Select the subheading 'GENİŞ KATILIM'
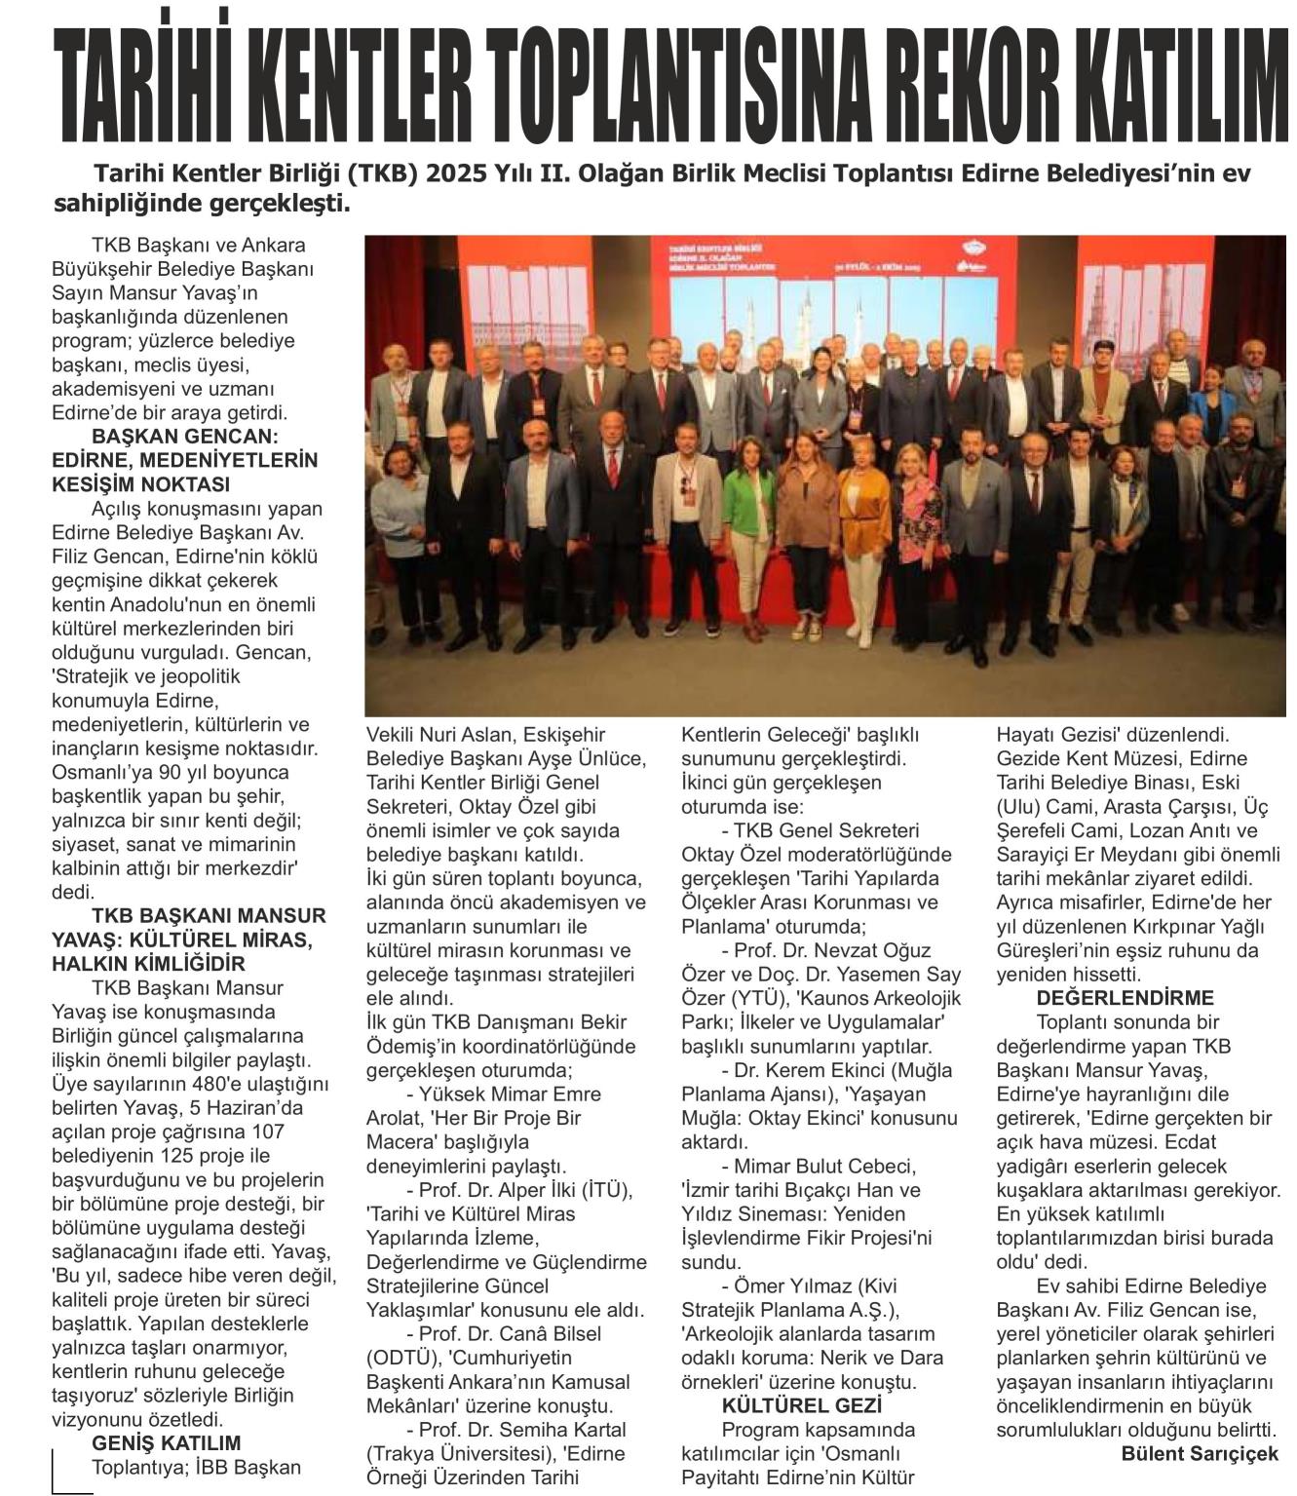[x=166, y=1443]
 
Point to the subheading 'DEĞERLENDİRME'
[x=1111, y=998]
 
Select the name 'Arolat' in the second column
[x=394, y=1118]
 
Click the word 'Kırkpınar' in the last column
[x=1150, y=926]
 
